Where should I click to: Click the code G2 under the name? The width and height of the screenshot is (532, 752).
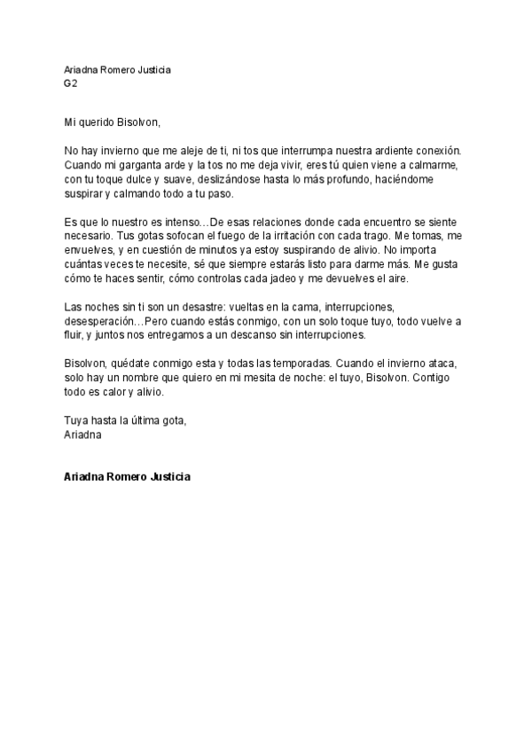70,83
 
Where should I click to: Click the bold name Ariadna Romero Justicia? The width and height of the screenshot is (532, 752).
128,475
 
